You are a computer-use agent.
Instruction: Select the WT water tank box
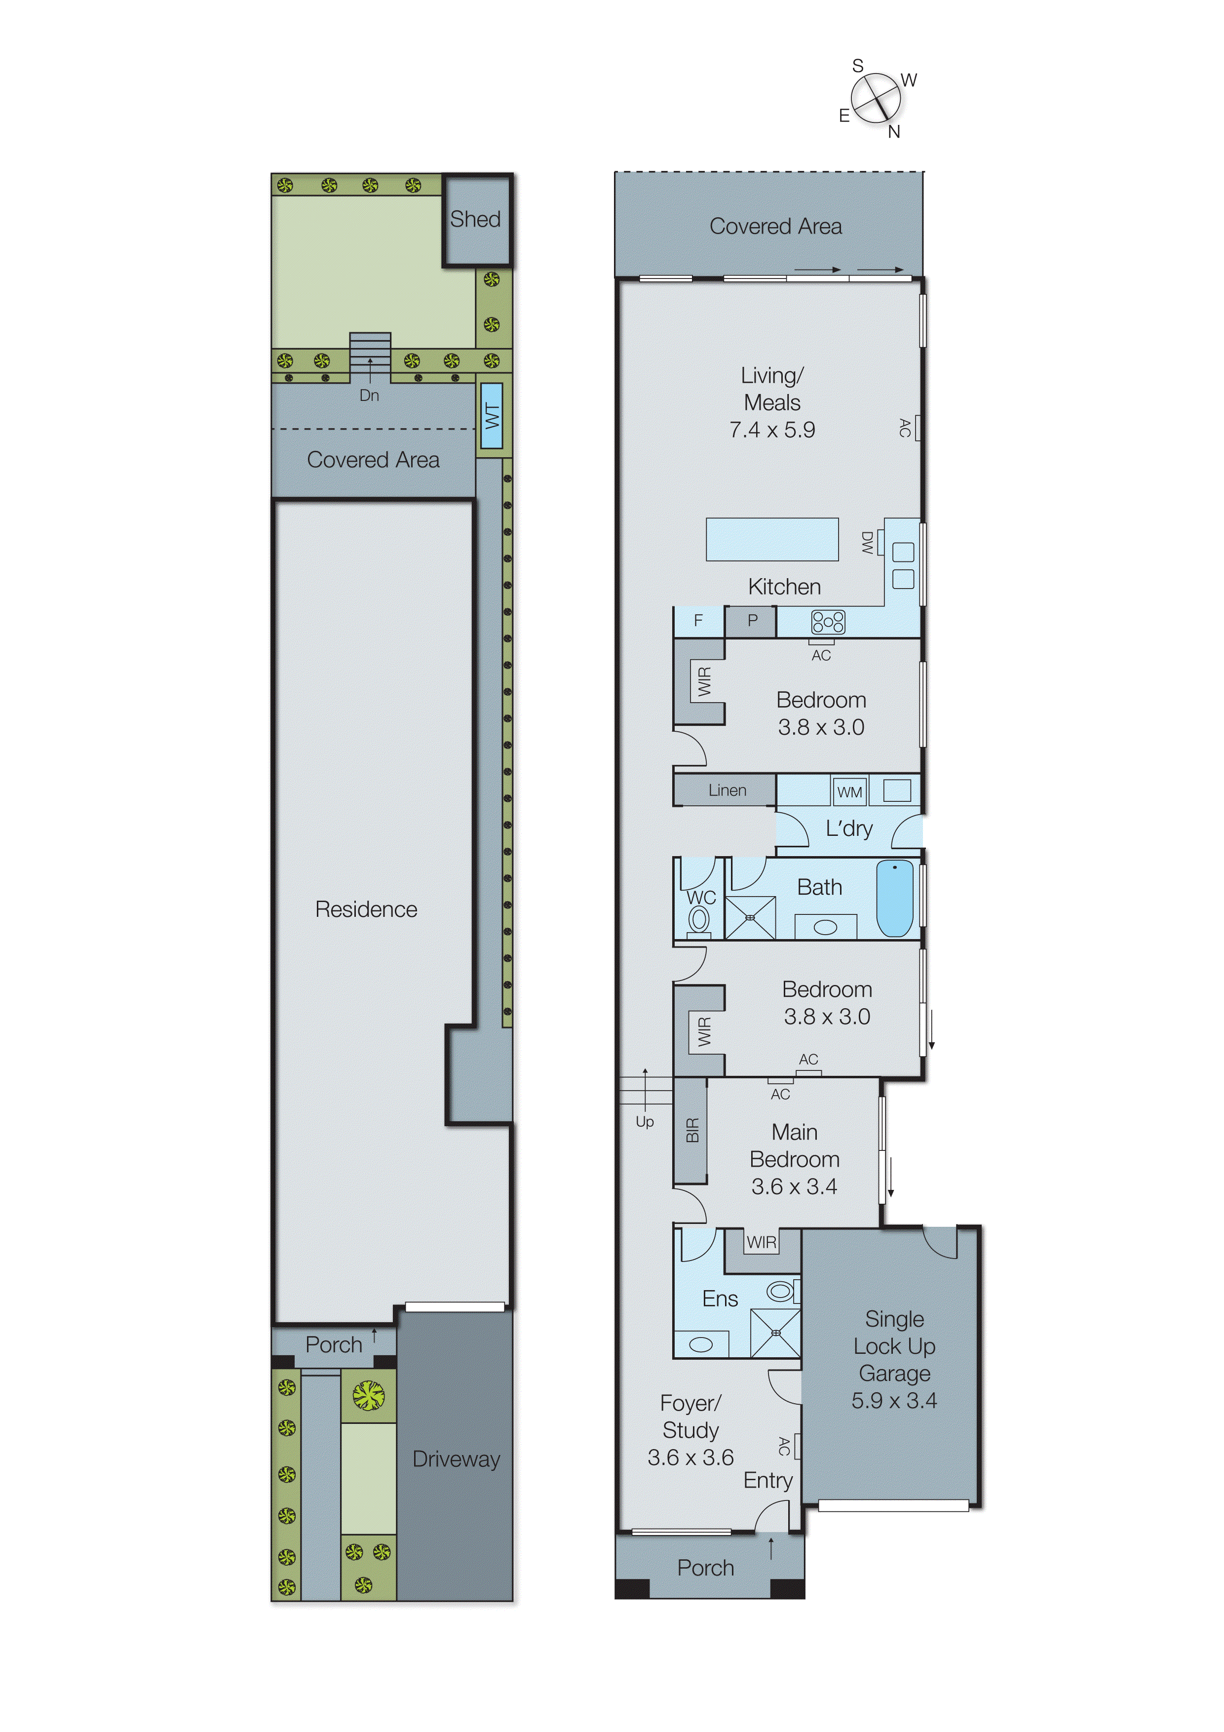point(492,416)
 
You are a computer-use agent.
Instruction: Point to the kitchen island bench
point(771,539)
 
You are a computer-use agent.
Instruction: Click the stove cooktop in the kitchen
point(827,622)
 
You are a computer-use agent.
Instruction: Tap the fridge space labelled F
point(698,621)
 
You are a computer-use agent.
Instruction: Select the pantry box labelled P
point(751,621)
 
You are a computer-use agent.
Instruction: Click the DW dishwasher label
point(867,543)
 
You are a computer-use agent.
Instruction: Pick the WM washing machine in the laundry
point(849,792)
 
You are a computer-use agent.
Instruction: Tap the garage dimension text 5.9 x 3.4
point(894,1401)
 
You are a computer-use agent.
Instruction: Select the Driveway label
point(456,1459)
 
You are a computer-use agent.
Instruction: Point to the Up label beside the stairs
point(644,1122)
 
